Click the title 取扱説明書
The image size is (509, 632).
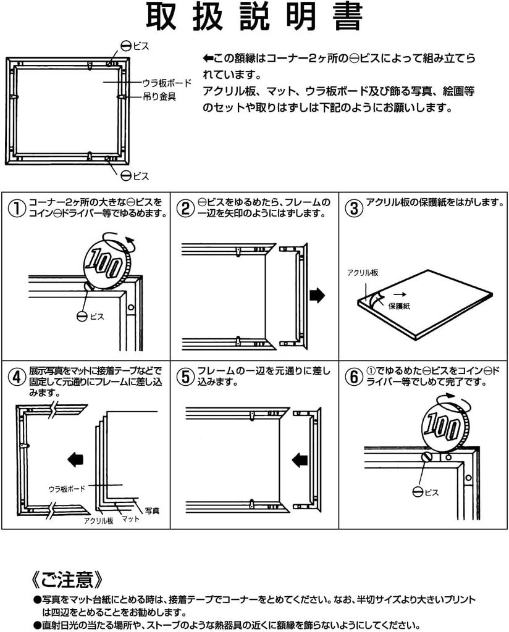pyautogui.click(x=254, y=17)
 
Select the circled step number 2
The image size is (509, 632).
pyautogui.click(x=185, y=207)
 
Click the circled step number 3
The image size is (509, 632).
pyautogui.click(x=353, y=207)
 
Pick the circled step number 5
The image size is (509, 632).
pyautogui.click(x=185, y=376)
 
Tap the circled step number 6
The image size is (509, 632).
pyautogui.click(x=353, y=376)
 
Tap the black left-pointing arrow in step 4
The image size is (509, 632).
pyautogui.click(x=75, y=459)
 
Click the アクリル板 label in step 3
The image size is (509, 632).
pyautogui.click(x=363, y=272)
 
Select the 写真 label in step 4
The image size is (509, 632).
pyautogui.click(x=152, y=510)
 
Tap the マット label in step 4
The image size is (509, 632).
pyautogui.click(x=130, y=518)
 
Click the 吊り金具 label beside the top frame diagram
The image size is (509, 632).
pyautogui.click(x=159, y=96)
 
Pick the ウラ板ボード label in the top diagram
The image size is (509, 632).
pyautogui.click(x=167, y=83)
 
